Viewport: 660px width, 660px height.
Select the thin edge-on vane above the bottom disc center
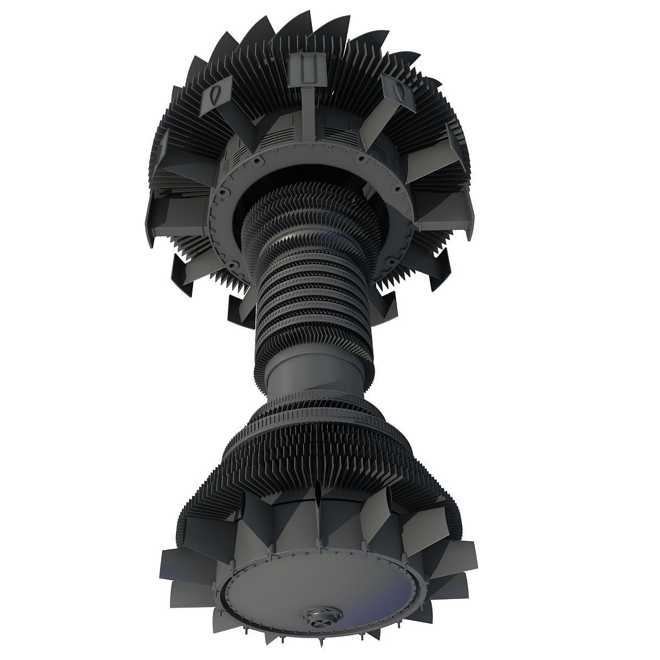tap(319, 528)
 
